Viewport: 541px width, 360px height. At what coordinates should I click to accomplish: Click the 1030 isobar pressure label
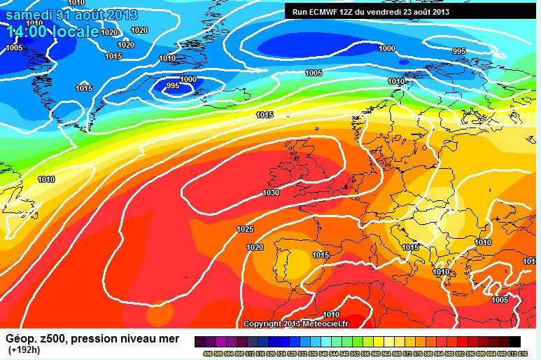click(271, 193)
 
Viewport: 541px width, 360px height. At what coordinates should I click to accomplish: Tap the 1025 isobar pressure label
click(245, 230)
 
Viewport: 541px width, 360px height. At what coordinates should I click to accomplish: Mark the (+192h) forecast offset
click(24, 349)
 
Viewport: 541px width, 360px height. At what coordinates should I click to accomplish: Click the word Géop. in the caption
click(20, 339)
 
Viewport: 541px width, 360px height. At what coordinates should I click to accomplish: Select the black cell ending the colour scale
click(514, 341)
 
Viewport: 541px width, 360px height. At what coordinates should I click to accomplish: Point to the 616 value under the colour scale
click(524, 352)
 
